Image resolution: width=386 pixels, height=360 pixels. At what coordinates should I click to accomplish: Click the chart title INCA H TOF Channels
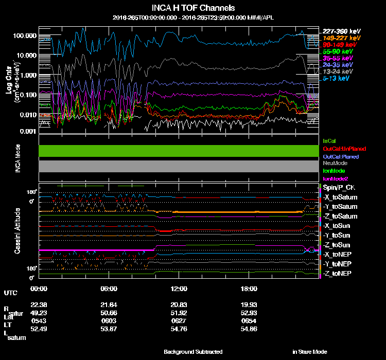pos(193,8)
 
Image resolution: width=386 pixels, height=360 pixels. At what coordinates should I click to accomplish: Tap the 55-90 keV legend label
pos(338,51)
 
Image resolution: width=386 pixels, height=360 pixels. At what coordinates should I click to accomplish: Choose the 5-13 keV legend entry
pos(336,79)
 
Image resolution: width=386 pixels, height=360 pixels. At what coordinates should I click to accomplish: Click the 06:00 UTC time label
pos(110,289)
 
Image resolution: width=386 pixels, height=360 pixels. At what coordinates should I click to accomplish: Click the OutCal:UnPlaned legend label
pos(341,149)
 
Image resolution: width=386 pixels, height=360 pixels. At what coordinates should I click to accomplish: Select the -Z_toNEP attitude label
pos(338,273)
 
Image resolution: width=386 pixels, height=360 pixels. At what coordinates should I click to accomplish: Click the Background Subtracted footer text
pos(193,352)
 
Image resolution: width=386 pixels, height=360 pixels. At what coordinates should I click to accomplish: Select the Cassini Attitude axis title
pos(17,230)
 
